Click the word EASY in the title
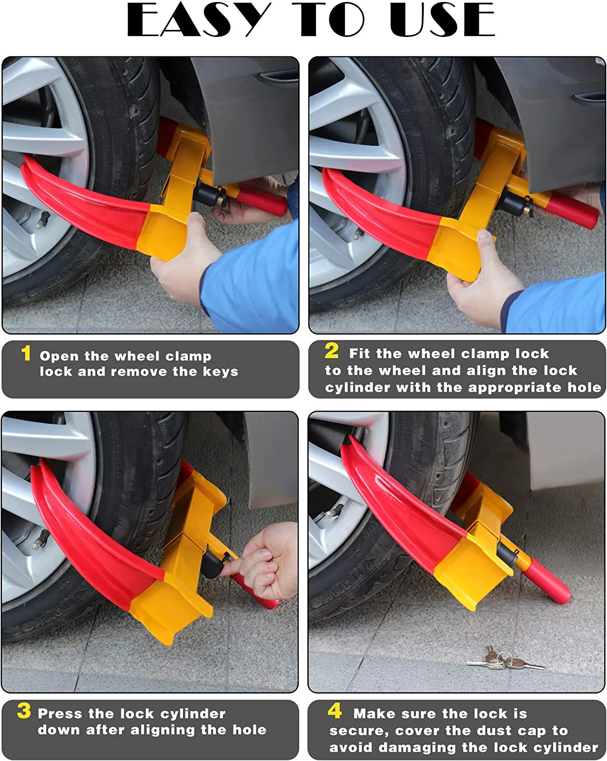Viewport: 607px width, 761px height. [198, 20]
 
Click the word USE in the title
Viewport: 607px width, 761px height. [442, 20]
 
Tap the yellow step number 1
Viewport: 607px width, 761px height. [26, 354]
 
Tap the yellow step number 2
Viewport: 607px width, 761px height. [332, 351]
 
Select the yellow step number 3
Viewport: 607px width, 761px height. [24, 711]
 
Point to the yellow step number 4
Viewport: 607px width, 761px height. [335, 711]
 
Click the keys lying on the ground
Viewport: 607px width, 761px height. [503, 659]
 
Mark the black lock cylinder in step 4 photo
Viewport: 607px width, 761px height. [507, 552]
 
